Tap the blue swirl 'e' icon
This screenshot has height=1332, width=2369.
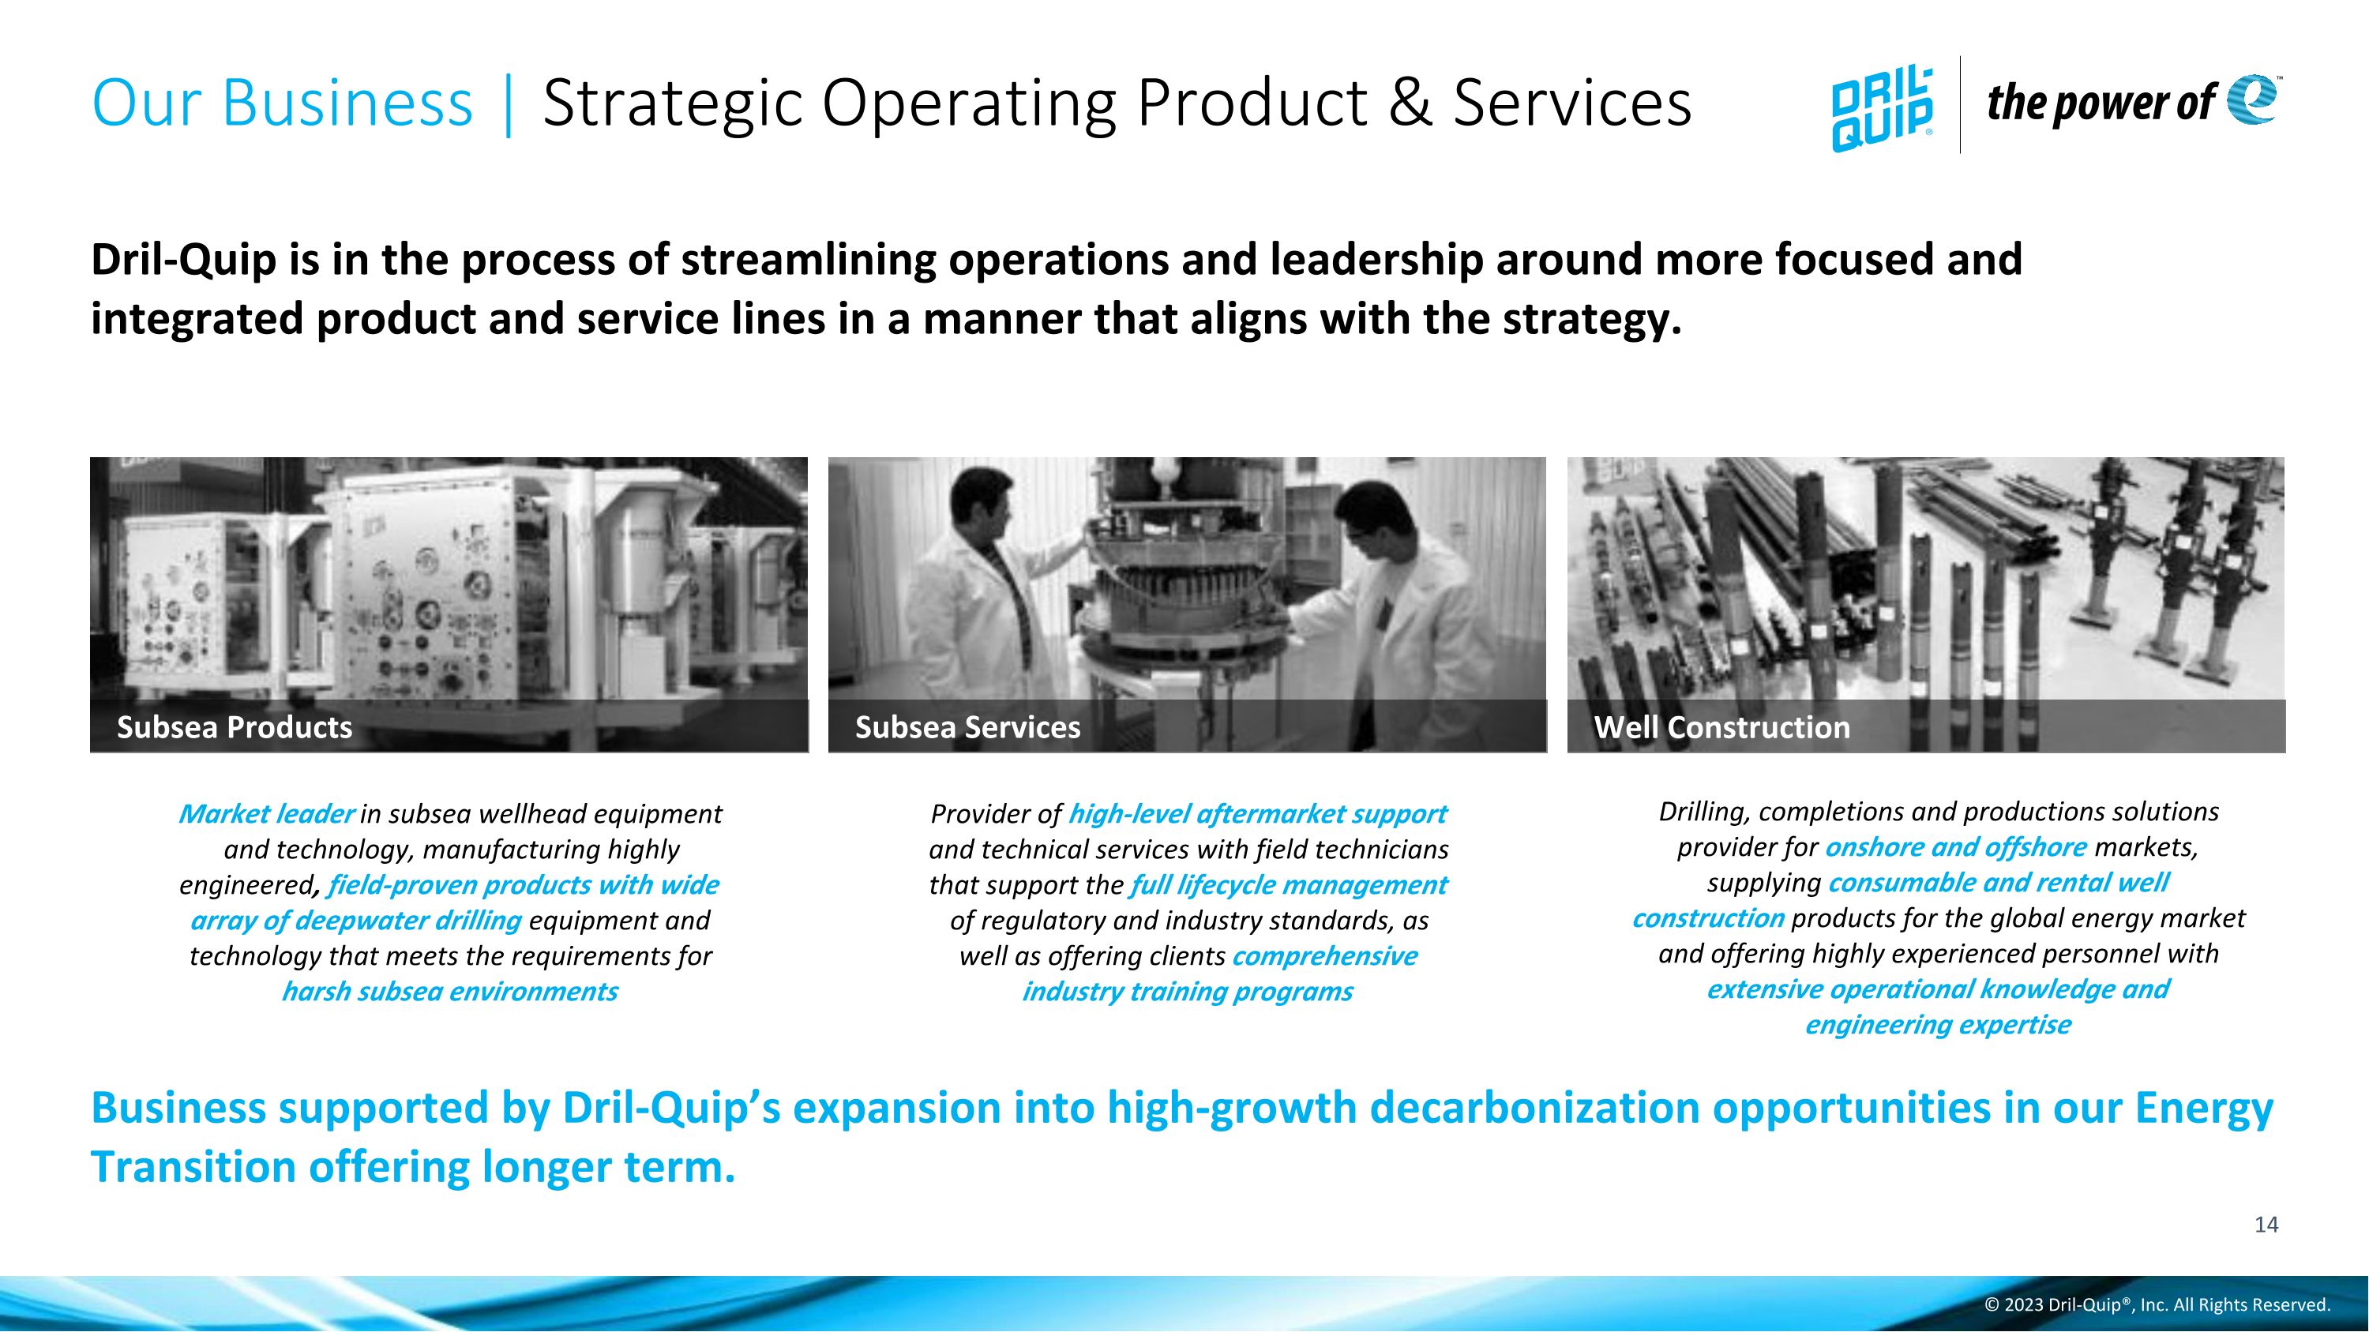(2252, 99)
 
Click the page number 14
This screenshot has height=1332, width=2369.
(2266, 1225)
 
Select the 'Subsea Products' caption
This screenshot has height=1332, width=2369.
(235, 727)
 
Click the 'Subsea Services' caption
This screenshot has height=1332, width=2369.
(967, 727)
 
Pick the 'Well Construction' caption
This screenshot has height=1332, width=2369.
(1721, 727)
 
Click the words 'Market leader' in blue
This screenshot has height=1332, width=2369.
(266, 813)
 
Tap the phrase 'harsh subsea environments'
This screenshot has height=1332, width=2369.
(449, 991)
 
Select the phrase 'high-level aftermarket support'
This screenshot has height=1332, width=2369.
(1256, 813)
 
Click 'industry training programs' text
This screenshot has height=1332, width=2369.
(1186, 991)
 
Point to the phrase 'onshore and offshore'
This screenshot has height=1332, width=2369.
(1955, 846)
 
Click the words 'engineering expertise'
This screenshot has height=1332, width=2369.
(1938, 1024)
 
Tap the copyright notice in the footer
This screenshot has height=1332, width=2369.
(2157, 1304)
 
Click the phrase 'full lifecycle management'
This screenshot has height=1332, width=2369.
(1287, 884)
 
